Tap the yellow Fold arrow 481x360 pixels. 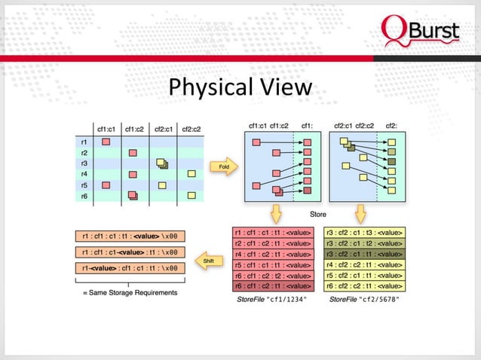224,166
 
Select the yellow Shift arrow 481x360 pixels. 208,260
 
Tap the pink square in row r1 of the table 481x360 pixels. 106,141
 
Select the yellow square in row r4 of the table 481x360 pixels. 191,174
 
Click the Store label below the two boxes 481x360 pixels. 318,215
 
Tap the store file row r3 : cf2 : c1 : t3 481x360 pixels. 364,233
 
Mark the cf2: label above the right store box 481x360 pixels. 391,125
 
